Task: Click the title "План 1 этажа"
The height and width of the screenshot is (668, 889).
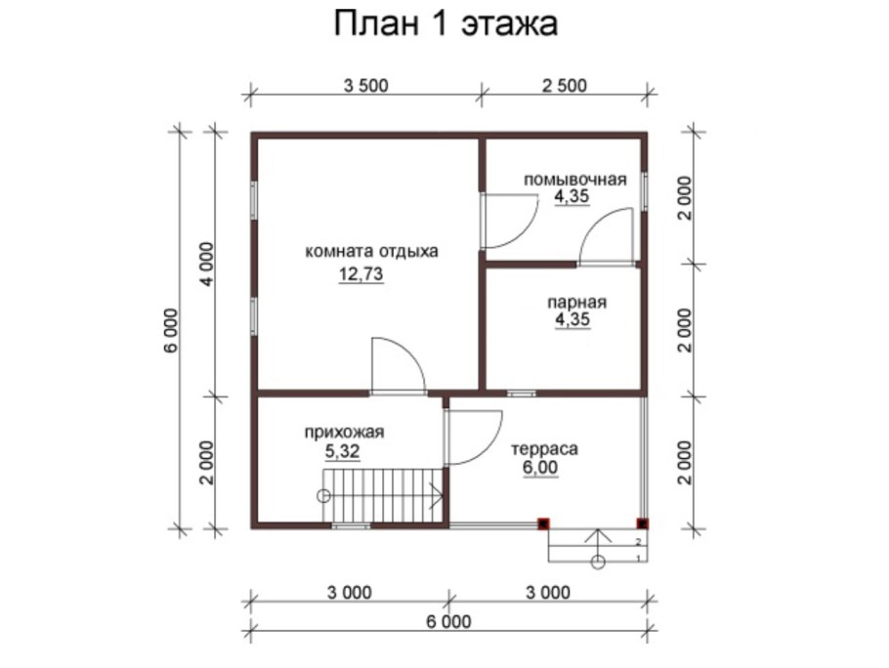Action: (445, 23)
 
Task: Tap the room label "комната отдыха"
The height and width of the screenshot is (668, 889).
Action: (372, 250)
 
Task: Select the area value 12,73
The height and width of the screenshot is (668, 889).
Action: (360, 274)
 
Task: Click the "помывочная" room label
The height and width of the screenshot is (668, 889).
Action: (573, 180)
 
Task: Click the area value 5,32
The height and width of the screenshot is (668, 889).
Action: (345, 451)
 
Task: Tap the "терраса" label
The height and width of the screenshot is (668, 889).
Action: (545, 449)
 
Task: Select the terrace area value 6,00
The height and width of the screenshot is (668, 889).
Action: (542, 468)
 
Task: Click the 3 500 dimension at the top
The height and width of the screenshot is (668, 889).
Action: (366, 85)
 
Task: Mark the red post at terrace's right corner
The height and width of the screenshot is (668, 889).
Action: (642, 523)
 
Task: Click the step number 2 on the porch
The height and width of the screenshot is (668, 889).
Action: (638, 540)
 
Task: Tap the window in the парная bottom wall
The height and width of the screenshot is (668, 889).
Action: (521, 394)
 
